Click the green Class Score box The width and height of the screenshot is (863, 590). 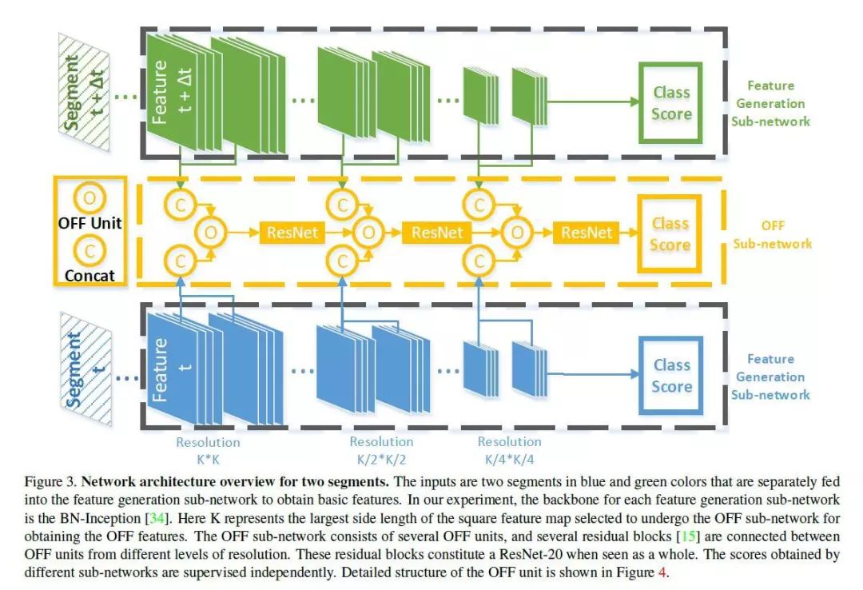tap(670, 102)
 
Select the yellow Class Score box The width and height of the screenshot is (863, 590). tap(670, 233)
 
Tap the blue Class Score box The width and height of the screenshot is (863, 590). tap(670, 375)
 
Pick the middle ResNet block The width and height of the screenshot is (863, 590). tap(437, 233)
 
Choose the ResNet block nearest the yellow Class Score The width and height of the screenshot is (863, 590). tap(586, 233)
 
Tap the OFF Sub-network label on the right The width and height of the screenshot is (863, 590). tap(773, 234)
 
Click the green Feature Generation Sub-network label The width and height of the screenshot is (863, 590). tap(771, 103)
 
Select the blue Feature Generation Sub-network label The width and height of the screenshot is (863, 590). tap(771, 377)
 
